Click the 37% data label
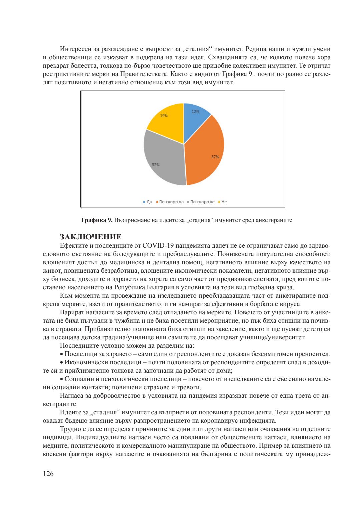[x=215, y=157]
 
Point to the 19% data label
[x=164, y=116]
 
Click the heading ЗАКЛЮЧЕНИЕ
[x=90, y=237]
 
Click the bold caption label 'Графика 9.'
[x=97, y=220]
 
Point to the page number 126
[x=48, y=474]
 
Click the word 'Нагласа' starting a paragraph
[x=71, y=396]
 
